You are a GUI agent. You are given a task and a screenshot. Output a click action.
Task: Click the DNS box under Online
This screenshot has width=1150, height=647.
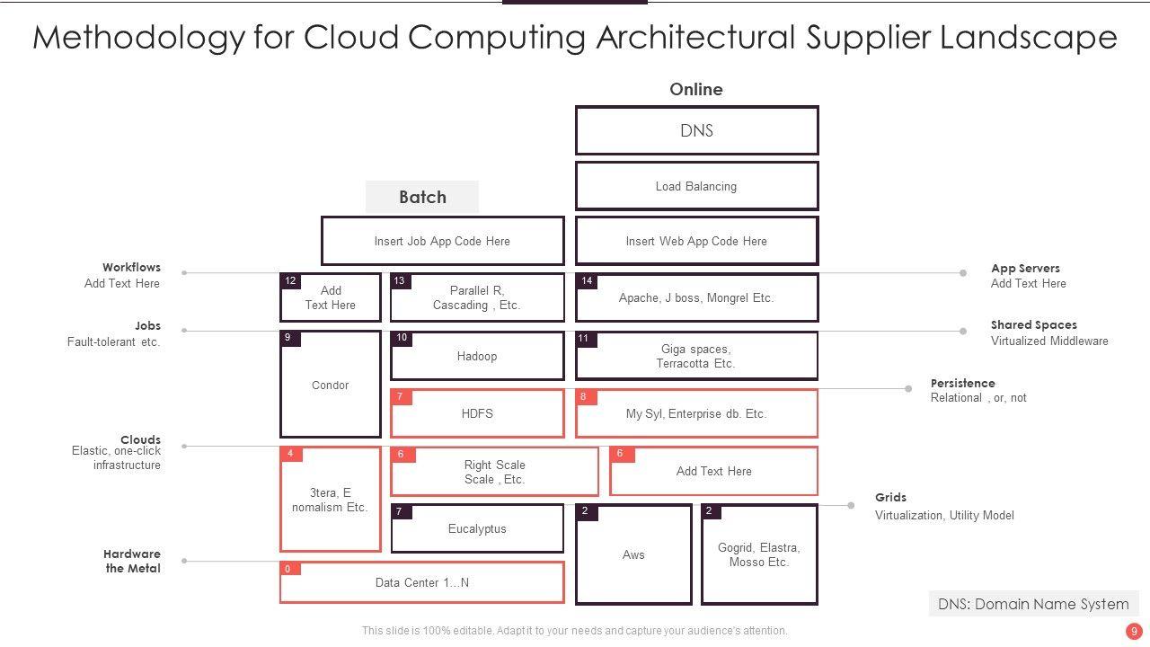(x=696, y=130)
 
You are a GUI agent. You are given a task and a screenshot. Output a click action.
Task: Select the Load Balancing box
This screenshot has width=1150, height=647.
(x=696, y=186)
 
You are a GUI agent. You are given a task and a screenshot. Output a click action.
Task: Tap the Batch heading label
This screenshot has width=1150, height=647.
(x=422, y=197)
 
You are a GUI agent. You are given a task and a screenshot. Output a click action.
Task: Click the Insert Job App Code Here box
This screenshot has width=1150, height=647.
(x=442, y=241)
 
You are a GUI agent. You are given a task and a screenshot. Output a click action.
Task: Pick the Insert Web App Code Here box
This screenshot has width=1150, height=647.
(x=696, y=241)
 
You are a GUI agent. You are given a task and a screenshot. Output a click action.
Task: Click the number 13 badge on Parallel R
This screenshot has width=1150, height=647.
(x=400, y=281)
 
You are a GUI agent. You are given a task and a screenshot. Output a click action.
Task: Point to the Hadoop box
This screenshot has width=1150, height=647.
(x=477, y=356)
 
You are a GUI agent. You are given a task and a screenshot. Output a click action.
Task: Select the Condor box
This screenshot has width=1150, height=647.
(x=330, y=385)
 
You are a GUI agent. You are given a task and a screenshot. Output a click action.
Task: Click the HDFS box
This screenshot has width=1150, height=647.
(x=477, y=413)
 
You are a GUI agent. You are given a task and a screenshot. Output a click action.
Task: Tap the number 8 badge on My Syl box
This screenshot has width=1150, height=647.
(x=584, y=396)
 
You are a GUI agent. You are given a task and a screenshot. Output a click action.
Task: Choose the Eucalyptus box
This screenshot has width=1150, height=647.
(x=477, y=528)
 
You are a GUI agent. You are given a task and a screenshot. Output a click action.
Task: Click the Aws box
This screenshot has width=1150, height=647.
(x=633, y=554)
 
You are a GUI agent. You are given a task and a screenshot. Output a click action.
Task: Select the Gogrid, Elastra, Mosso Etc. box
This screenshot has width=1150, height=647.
(x=759, y=554)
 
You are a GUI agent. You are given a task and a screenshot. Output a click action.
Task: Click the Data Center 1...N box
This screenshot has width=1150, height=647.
(x=421, y=582)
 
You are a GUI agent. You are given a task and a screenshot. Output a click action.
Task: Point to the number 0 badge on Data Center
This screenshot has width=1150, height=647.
(x=288, y=569)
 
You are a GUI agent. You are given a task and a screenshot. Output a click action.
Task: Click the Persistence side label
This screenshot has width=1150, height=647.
(x=962, y=383)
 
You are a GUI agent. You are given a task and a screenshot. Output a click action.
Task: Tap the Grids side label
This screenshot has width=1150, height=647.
(x=890, y=497)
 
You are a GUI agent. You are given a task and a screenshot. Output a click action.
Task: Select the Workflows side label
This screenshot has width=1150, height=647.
(x=131, y=267)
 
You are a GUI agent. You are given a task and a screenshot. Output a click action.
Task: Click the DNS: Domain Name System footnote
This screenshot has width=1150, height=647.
(x=1033, y=604)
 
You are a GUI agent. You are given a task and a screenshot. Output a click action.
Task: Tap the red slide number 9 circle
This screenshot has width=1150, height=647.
(x=1135, y=631)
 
